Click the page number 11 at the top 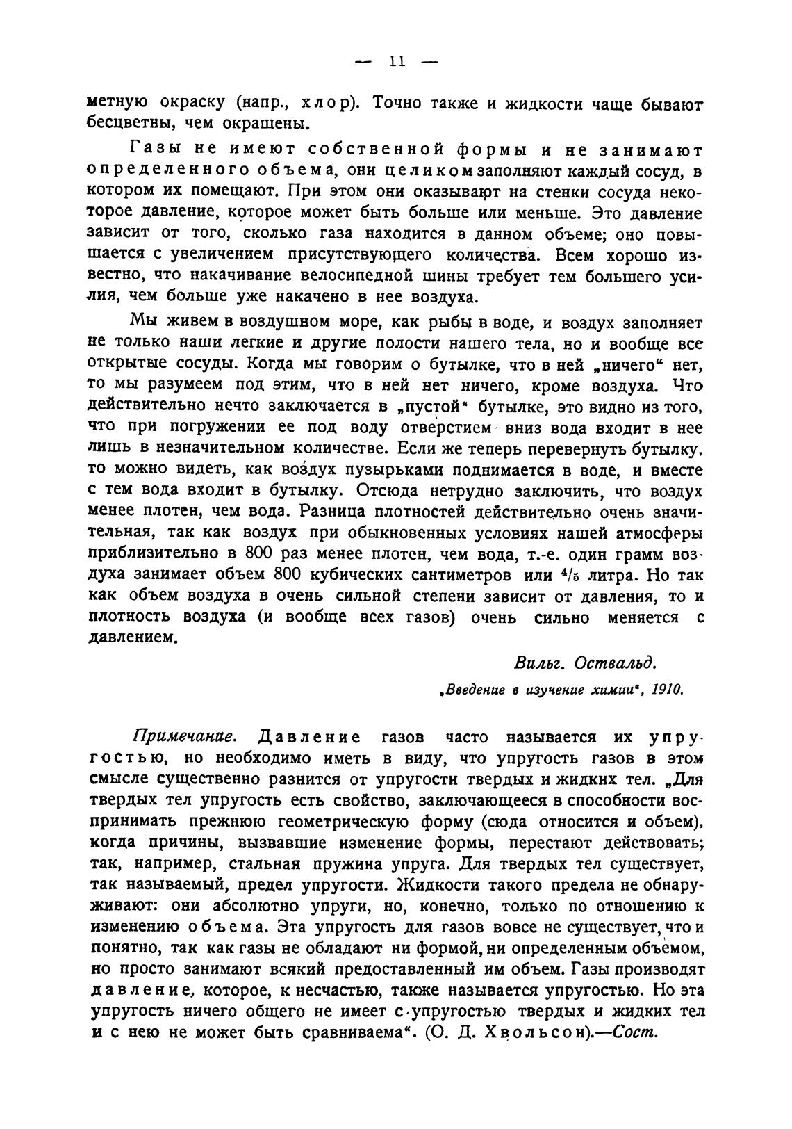397,62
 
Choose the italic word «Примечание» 185,736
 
